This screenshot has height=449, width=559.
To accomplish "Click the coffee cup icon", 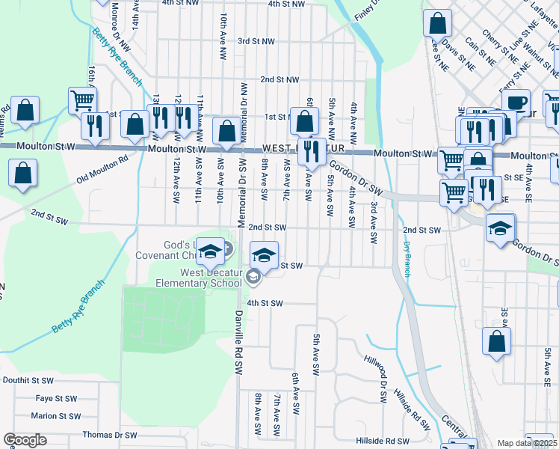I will (516, 102).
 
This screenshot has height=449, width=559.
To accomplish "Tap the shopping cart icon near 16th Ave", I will (82, 99).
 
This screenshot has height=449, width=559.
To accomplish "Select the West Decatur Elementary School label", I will (199, 278).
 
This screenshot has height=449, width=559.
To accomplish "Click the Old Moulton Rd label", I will (102, 169).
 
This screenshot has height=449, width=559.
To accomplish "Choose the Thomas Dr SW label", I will (110, 435).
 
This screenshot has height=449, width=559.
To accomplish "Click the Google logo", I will (25, 440).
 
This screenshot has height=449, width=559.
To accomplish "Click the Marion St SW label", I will (55, 416).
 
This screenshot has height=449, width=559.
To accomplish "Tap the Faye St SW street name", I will (56, 399).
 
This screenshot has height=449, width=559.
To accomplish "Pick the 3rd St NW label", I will (256, 41).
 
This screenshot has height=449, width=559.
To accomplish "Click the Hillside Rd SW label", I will (381, 442).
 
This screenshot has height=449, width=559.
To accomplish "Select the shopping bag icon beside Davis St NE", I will (438, 23).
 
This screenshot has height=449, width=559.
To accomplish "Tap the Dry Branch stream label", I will (407, 257).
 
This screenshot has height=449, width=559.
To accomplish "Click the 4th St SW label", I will (265, 303).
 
